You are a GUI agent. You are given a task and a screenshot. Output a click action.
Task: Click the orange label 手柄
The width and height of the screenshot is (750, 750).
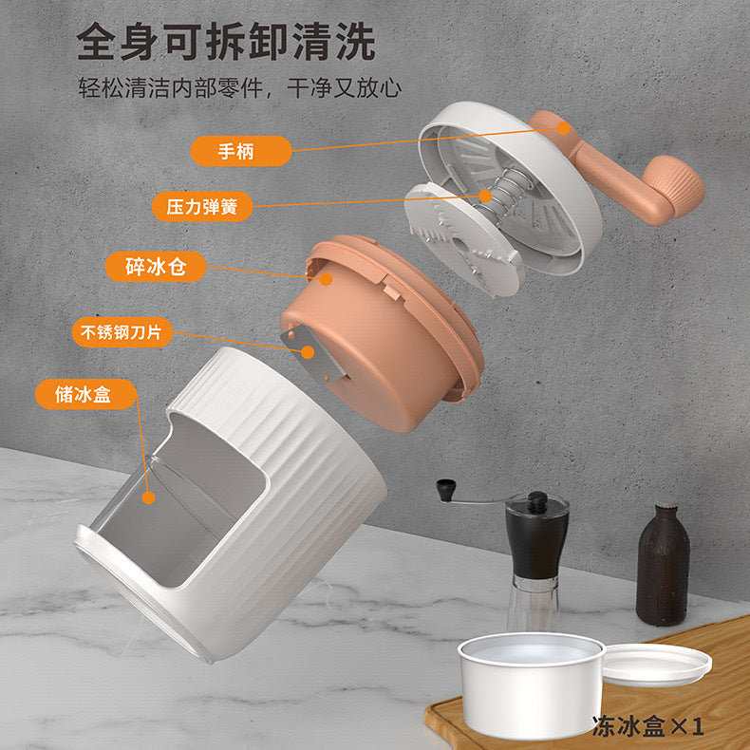240,151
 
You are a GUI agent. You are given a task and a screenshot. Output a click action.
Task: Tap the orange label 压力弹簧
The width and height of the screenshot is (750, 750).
202,207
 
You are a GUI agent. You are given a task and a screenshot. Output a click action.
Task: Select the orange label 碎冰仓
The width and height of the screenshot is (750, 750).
156,267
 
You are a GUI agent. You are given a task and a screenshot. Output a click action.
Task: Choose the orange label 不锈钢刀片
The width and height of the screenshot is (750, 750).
122,332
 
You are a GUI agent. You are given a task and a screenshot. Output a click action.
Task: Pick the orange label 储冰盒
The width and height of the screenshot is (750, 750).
86,394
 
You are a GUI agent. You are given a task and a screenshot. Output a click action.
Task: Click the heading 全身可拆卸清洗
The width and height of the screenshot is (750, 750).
226,42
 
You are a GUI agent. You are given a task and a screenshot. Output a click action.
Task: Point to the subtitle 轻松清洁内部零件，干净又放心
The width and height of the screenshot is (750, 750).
239,87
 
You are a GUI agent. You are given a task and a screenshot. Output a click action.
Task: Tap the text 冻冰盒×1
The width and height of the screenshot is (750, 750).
647,726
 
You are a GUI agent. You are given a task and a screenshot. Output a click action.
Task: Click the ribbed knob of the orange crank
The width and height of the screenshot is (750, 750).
675,184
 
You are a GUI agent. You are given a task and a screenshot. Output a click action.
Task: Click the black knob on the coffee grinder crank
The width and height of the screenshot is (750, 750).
446,490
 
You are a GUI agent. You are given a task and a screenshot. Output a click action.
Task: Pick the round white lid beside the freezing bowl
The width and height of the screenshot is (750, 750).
657,664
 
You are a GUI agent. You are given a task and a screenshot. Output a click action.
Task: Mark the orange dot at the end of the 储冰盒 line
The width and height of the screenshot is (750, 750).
149,497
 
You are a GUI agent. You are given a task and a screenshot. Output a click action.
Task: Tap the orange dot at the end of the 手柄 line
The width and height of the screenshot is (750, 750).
564,128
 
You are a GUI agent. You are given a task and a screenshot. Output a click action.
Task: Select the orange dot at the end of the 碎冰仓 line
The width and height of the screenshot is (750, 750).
326,279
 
